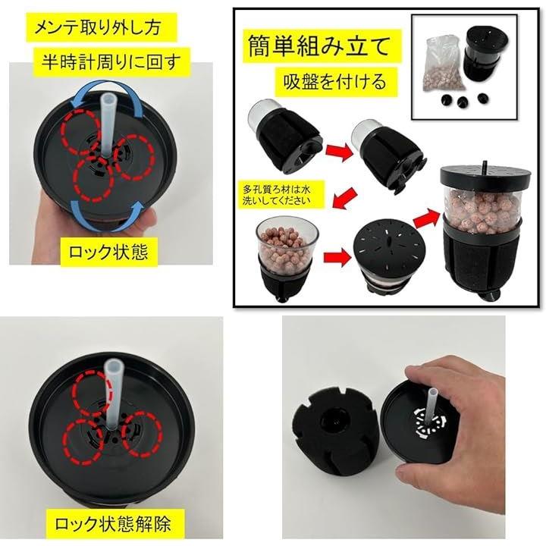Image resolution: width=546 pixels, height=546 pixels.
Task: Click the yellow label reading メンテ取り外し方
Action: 102,27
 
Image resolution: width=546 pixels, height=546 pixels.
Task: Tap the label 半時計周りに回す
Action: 111,62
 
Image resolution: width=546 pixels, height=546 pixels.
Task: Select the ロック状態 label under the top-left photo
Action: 109,252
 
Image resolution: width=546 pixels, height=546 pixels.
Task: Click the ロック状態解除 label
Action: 115,524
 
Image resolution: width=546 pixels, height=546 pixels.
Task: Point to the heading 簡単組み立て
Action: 322,46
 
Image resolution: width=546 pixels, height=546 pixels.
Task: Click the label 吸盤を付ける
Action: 336,82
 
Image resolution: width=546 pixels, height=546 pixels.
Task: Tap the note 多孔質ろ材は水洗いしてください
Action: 278,195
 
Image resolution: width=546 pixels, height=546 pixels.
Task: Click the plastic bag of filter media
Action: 441,66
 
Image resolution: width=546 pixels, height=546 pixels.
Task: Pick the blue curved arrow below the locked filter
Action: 107,215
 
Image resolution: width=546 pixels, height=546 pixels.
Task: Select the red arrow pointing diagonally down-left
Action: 346,199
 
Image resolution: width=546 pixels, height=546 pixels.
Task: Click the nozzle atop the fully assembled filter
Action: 484,165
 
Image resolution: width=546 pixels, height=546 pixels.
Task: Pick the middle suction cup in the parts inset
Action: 462,101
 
